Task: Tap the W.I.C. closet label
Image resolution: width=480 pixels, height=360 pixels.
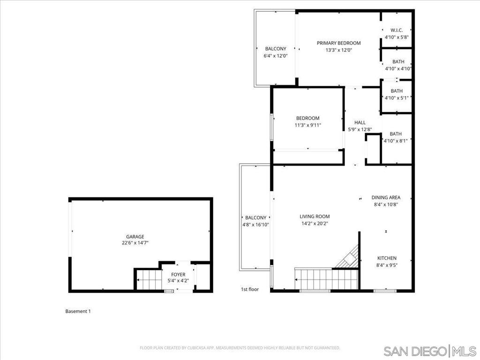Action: coord(397,30)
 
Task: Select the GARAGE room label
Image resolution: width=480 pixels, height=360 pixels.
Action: coord(135,237)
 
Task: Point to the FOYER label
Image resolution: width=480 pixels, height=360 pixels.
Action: coord(178,275)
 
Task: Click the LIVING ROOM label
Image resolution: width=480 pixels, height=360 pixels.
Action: coord(315,217)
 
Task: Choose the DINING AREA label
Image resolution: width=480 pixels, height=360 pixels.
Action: coord(386,198)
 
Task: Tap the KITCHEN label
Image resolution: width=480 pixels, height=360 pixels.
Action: coord(387,258)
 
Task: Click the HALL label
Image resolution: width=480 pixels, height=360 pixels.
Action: coord(360,122)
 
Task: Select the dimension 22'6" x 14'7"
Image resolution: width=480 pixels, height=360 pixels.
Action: coord(135,243)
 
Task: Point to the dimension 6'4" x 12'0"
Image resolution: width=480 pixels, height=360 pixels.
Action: coord(276,55)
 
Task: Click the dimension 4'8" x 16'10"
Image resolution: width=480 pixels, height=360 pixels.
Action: coord(255,224)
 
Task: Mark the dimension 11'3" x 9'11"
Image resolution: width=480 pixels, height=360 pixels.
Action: coord(307,125)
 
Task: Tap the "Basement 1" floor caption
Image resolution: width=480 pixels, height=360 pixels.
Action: coord(78,311)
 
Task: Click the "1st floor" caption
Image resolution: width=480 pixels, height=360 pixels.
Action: coord(250,290)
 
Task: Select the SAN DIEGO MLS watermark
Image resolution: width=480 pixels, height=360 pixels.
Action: coord(429,351)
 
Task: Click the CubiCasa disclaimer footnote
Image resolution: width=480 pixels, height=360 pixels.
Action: coord(240,348)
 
